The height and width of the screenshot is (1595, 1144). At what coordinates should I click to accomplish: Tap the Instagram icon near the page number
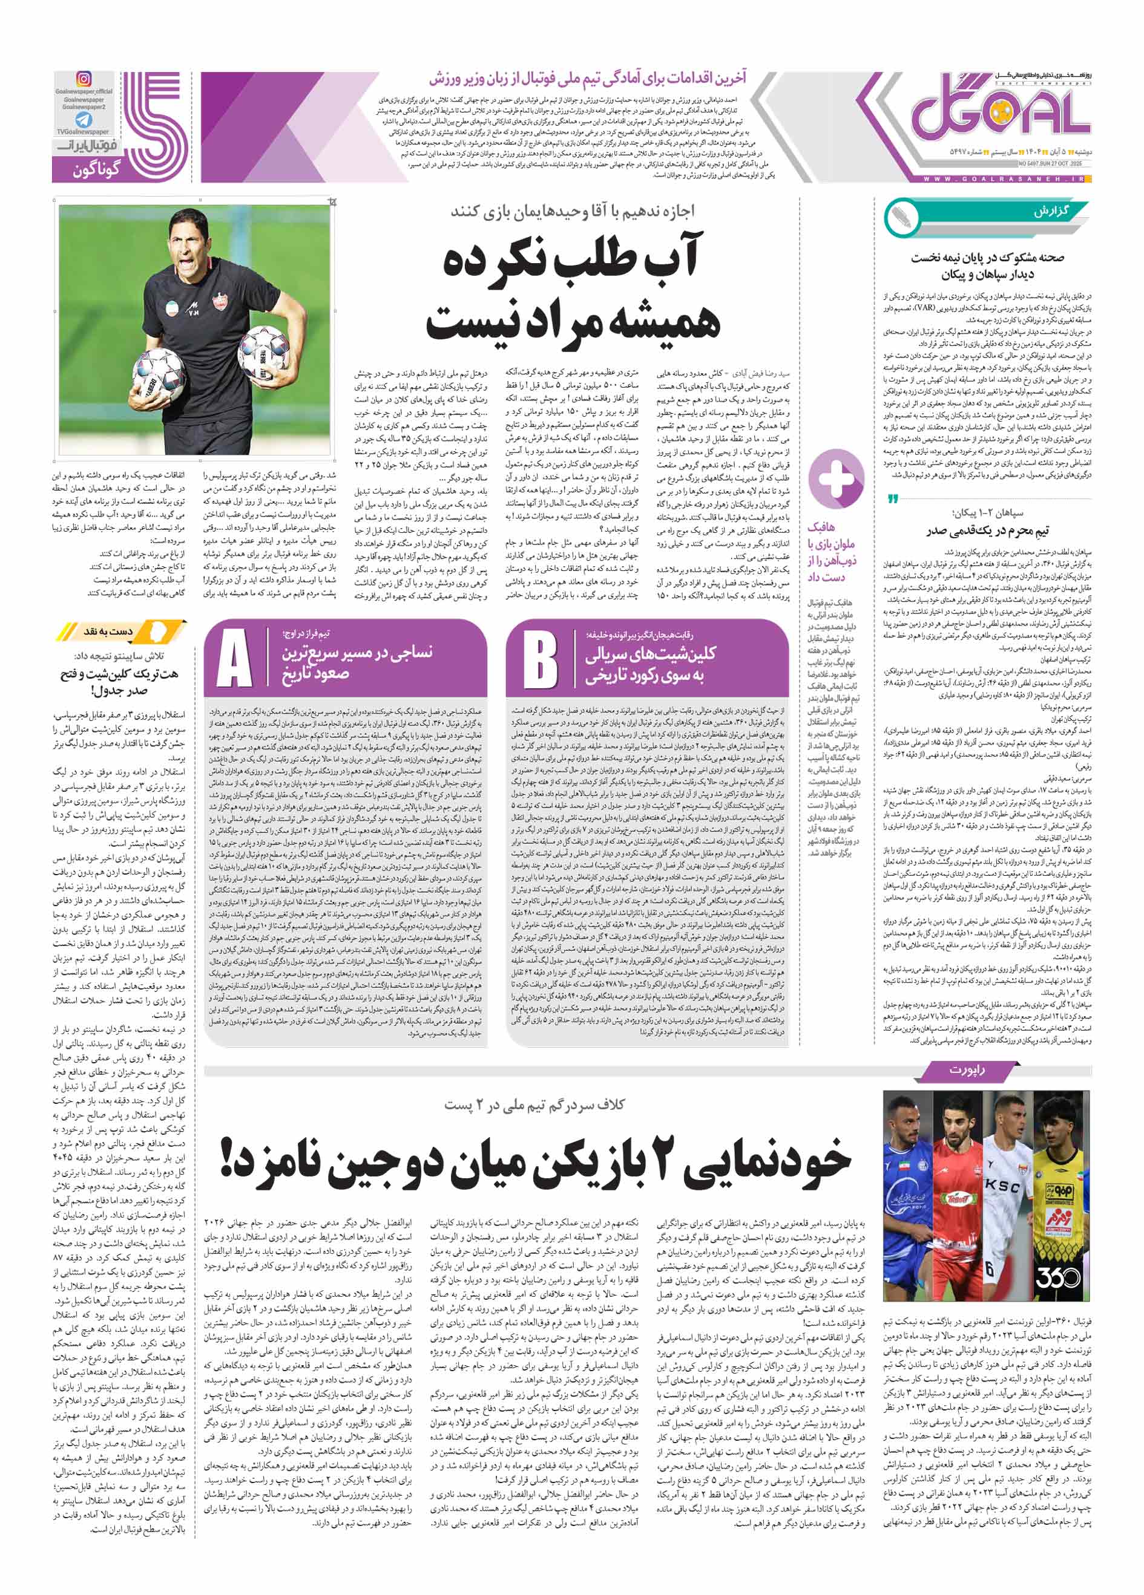pyautogui.click(x=84, y=79)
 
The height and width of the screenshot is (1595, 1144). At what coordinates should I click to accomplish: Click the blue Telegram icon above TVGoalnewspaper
pyautogui.click(x=84, y=120)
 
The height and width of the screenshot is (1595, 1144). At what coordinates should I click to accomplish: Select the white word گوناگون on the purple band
pyautogui.click(x=96, y=169)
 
